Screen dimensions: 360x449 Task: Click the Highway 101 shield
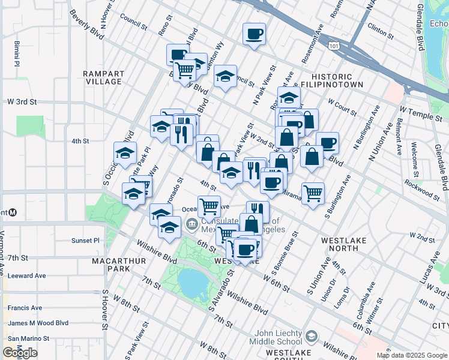click(333, 46)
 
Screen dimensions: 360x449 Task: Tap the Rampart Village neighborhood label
click(103, 77)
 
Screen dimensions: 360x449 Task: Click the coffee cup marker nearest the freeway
click(255, 34)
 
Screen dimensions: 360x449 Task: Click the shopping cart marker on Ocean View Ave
click(209, 206)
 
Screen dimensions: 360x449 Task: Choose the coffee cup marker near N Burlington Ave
click(327, 143)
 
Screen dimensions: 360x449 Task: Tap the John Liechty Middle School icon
click(310, 335)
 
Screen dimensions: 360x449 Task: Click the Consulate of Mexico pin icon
click(191, 225)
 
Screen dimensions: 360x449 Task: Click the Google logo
click(20, 353)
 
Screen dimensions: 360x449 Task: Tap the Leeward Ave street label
click(26, 275)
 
